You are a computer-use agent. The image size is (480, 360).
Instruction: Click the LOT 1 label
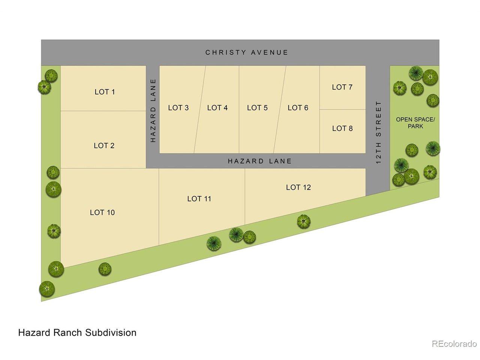pyautogui.click(x=105, y=92)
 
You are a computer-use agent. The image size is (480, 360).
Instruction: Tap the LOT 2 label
pyautogui.click(x=104, y=145)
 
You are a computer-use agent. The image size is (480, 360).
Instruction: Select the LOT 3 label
pyautogui.click(x=178, y=108)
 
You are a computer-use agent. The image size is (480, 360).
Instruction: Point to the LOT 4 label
pyautogui.click(x=217, y=108)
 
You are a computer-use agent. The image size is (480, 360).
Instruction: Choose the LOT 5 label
pyautogui.click(x=257, y=108)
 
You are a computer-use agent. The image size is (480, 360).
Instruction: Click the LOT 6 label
pyautogui.click(x=298, y=108)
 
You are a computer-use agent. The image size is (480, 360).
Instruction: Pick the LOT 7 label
pyautogui.click(x=342, y=87)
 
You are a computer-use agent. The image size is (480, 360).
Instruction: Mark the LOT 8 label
pyautogui.click(x=342, y=128)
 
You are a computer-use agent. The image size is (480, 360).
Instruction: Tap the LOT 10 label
pyautogui.click(x=102, y=213)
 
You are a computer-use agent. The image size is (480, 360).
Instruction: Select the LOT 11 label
pyautogui.click(x=199, y=199)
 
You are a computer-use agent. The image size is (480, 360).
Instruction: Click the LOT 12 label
pyautogui.click(x=298, y=187)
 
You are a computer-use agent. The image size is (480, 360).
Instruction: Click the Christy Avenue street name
pyautogui.click(x=247, y=52)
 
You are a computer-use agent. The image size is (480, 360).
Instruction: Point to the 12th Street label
pyautogui.click(x=378, y=132)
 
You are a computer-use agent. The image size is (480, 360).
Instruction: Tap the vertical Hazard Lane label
pyautogui.click(x=153, y=111)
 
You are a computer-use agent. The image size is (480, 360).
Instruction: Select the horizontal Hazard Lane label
pyautogui.click(x=259, y=161)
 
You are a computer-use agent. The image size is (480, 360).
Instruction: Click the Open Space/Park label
pyautogui.click(x=415, y=123)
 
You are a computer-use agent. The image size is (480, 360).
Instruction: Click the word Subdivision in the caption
pyautogui.click(x=111, y=333)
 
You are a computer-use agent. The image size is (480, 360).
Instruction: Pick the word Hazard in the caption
pyautogui.click(x=34, y=333)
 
